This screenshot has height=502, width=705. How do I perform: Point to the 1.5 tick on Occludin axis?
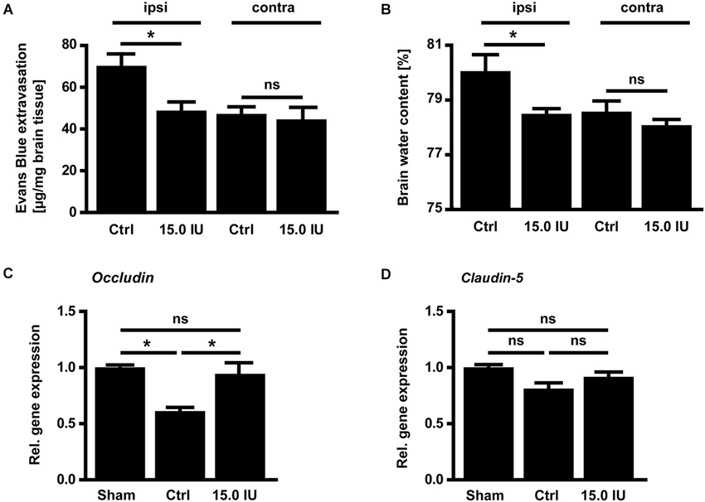(x=77, y=311)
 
